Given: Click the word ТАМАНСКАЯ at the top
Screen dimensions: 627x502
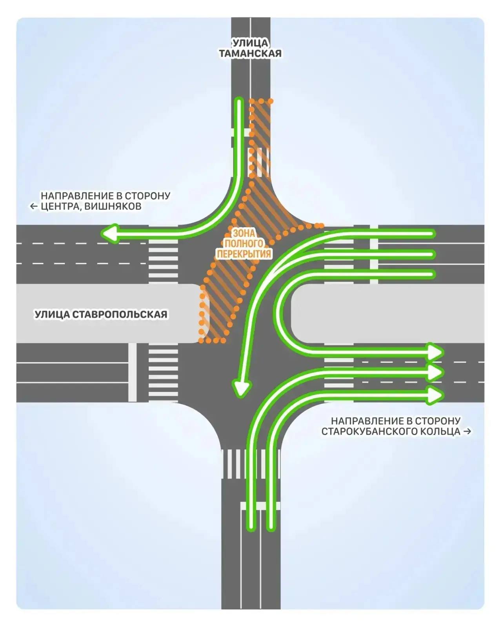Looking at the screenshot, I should [x=250, y=54].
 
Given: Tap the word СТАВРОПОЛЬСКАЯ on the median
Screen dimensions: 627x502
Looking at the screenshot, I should [x=120, y=314].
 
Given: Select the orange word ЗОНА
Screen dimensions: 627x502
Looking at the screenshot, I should [x=244, y=234].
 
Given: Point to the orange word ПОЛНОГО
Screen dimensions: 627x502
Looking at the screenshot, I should [x=244, y=244].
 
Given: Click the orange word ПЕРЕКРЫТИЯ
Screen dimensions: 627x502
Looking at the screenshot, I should [x=244, y=254].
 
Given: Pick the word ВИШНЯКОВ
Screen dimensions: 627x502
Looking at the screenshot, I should [x=113, y=207].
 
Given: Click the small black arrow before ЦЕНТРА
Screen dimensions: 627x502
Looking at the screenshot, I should [x=34, y=207].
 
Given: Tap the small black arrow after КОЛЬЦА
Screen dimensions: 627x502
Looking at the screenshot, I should [x=467, y=431].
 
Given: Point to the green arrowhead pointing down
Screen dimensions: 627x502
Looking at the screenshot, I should [x=241, y=389].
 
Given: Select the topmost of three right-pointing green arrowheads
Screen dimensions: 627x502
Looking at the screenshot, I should [x=435, y=352].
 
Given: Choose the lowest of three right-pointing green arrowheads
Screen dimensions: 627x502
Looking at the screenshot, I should [x=435, y=395].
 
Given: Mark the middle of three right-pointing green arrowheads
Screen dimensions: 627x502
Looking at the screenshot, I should [x=435, y=373].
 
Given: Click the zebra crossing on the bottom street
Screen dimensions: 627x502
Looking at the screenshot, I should [x=251, y=464].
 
